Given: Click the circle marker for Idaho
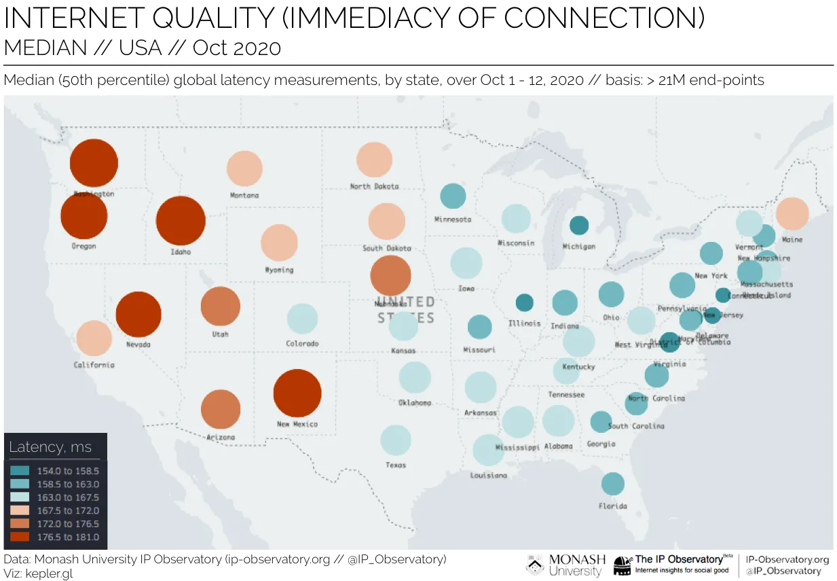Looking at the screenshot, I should point(181,220).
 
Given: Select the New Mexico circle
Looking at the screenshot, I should point(297,393).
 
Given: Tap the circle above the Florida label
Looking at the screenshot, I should point(612,484).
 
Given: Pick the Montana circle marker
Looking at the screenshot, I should point(244,169).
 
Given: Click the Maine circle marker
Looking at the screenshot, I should point(792,213).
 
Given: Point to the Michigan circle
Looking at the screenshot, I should point(578,225).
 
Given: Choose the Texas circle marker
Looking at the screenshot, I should point(396,440).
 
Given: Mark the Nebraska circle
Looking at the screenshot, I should point(390,276).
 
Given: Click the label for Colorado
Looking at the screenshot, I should point(302,344).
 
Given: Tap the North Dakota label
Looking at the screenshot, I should point(374,186).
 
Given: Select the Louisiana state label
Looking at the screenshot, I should point(488,476).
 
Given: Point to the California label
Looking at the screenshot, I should point(94,366).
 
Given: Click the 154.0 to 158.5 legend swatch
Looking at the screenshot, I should point(20,470).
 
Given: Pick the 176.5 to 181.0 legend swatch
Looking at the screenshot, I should point(20,537).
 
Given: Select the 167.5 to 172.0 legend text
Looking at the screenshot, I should point(67,510).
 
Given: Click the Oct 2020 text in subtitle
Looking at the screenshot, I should point(236,48).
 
